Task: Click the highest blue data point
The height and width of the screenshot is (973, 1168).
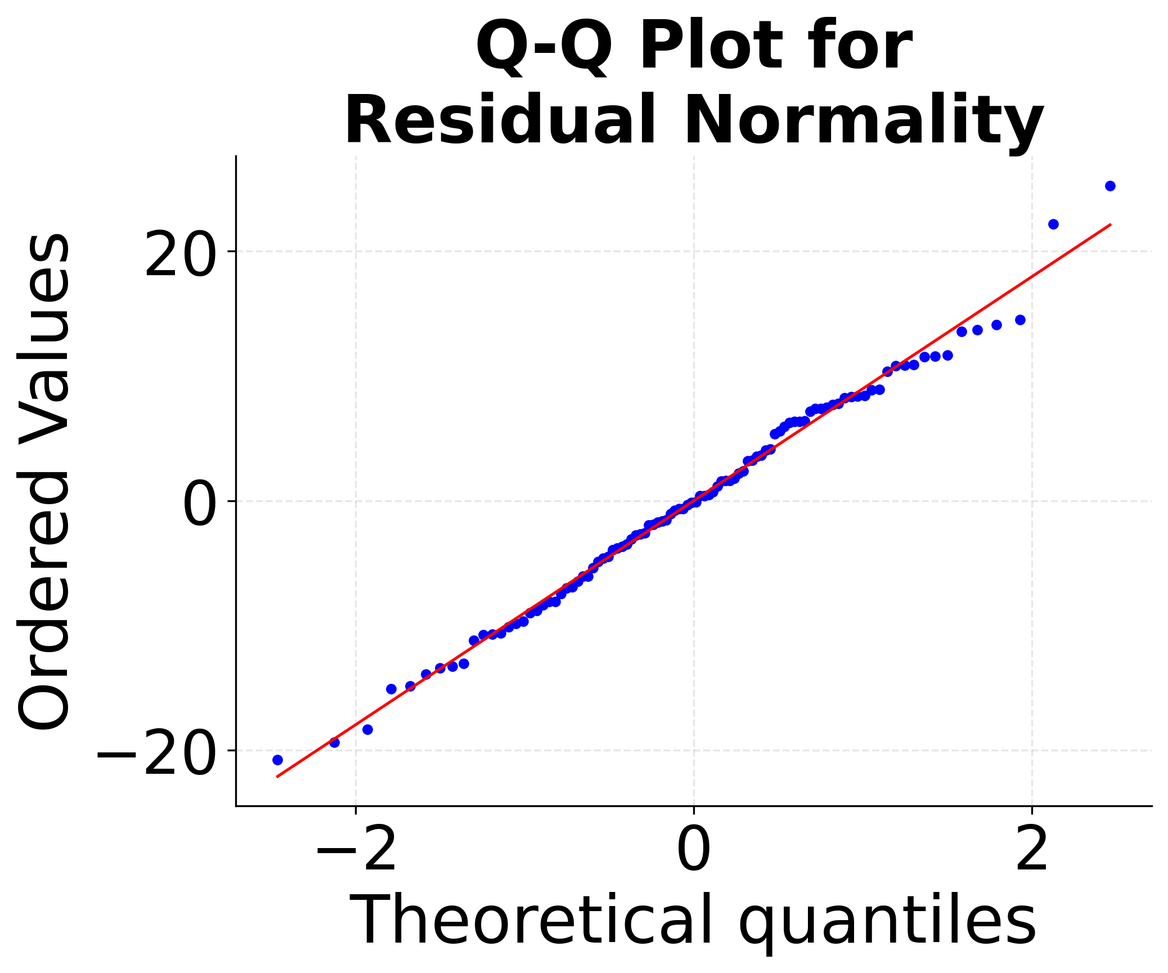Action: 1110,186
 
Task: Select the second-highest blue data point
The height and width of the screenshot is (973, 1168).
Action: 1054,224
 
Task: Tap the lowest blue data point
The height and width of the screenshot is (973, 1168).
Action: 277,760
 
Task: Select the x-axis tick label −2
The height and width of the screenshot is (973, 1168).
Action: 356,850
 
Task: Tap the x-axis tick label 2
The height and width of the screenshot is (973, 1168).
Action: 1032,850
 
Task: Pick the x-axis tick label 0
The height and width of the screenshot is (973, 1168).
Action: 694,850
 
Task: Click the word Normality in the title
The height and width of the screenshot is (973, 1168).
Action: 864,121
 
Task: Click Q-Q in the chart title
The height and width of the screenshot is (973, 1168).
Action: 543,46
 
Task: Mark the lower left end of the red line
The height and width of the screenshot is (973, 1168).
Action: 276,777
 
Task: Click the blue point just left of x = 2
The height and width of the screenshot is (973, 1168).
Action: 1020,320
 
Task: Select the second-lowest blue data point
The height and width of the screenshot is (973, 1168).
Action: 334,742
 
